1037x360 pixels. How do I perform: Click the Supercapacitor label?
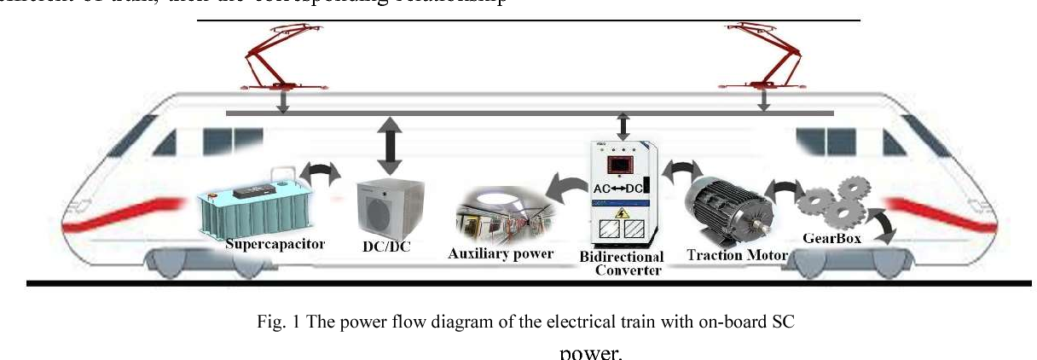275,244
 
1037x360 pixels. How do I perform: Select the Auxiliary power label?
501,253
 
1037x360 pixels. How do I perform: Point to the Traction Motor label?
737,254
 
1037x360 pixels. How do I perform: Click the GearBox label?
831,239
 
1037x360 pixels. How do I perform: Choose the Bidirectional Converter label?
621,264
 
